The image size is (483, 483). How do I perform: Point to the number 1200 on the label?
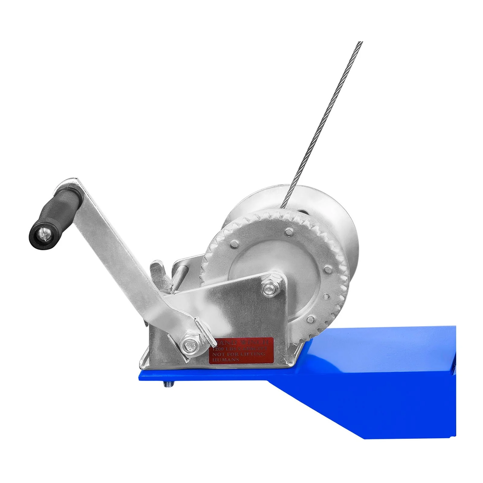pos(217,348)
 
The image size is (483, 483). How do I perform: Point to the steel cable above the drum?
pos(326,115)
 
